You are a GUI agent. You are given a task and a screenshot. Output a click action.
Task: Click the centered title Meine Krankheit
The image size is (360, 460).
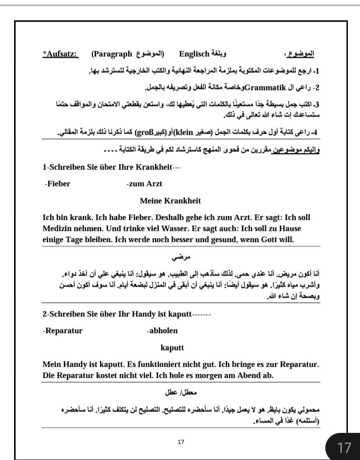tap(170, 201)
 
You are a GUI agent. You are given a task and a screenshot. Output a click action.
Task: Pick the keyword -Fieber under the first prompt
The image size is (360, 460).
tap(57, 184)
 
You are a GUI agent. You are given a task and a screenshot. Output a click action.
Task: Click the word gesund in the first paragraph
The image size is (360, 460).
tap(212, 240)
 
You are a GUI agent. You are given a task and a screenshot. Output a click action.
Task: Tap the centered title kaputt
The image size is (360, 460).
tap(172, 348)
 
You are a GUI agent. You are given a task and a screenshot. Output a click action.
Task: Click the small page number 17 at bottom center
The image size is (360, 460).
tap(181, 442)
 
